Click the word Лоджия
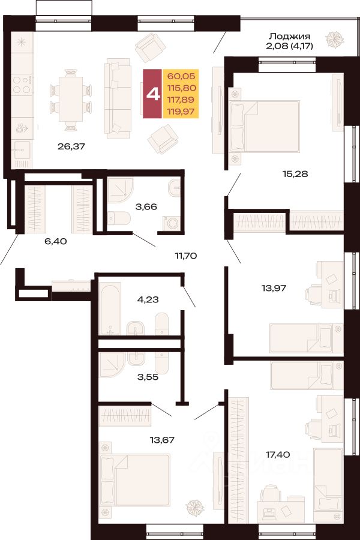pos(289,36)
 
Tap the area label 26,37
pos(71,146)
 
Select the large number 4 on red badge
pos(153,94)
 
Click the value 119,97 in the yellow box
pos(181,111)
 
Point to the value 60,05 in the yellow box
pos(181,76)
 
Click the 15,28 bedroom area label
pos(295,174)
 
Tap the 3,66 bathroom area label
pos(146,206)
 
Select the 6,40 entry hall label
pos(55,241)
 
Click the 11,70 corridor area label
pos(185,256)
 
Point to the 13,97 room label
pos(274,287)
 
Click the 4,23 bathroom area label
pos(148,299)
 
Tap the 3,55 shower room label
pos(148,377)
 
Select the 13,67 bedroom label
pos(162,440)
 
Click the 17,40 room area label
pos(277,455)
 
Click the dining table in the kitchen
pos(71,100)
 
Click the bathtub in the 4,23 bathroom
pos(110,309)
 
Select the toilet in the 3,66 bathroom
pos(119,218)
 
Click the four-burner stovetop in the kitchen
pos(22,85)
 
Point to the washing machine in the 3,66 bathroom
pos(171,223)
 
